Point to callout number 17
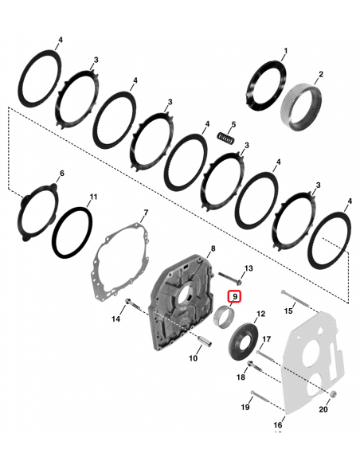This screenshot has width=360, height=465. [267, 339]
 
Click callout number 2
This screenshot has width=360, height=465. [319, 75]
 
